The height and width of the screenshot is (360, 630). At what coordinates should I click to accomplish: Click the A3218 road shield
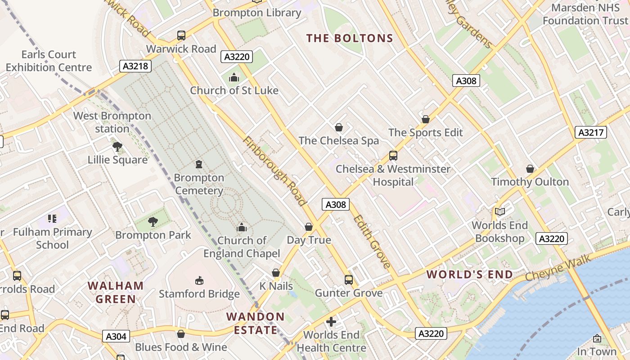click(135, 66)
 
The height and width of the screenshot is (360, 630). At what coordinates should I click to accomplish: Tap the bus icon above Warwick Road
click(181, 36)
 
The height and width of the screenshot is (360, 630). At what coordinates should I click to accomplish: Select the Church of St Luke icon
click(234, 77)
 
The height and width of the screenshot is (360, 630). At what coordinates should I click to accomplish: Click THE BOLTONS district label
click(350, 38)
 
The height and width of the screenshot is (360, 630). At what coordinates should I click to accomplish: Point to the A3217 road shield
click(591, 132)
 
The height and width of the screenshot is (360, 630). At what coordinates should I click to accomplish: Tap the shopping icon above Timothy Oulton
click(530, 169)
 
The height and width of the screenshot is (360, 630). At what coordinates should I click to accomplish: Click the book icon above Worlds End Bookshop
click(499, 211)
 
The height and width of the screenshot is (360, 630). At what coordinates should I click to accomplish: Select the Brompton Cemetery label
click(199, 184)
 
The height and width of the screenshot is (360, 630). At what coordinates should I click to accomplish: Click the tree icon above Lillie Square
click(117, 147)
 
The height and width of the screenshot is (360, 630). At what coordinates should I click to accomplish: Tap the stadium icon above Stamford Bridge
click(199, 281)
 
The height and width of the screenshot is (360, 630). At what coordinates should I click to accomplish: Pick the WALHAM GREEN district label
click(116, 292)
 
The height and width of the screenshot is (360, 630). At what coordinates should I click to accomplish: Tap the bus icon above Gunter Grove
click(349, 280)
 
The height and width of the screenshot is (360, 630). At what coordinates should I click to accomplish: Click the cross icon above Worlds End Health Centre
click(331, 322)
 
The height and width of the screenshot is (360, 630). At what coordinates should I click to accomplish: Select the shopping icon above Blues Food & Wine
click(181, 334)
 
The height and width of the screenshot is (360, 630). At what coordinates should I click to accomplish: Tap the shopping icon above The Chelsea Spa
click(339, 127)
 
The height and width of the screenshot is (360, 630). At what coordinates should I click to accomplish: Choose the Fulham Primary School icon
click(52, 219)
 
